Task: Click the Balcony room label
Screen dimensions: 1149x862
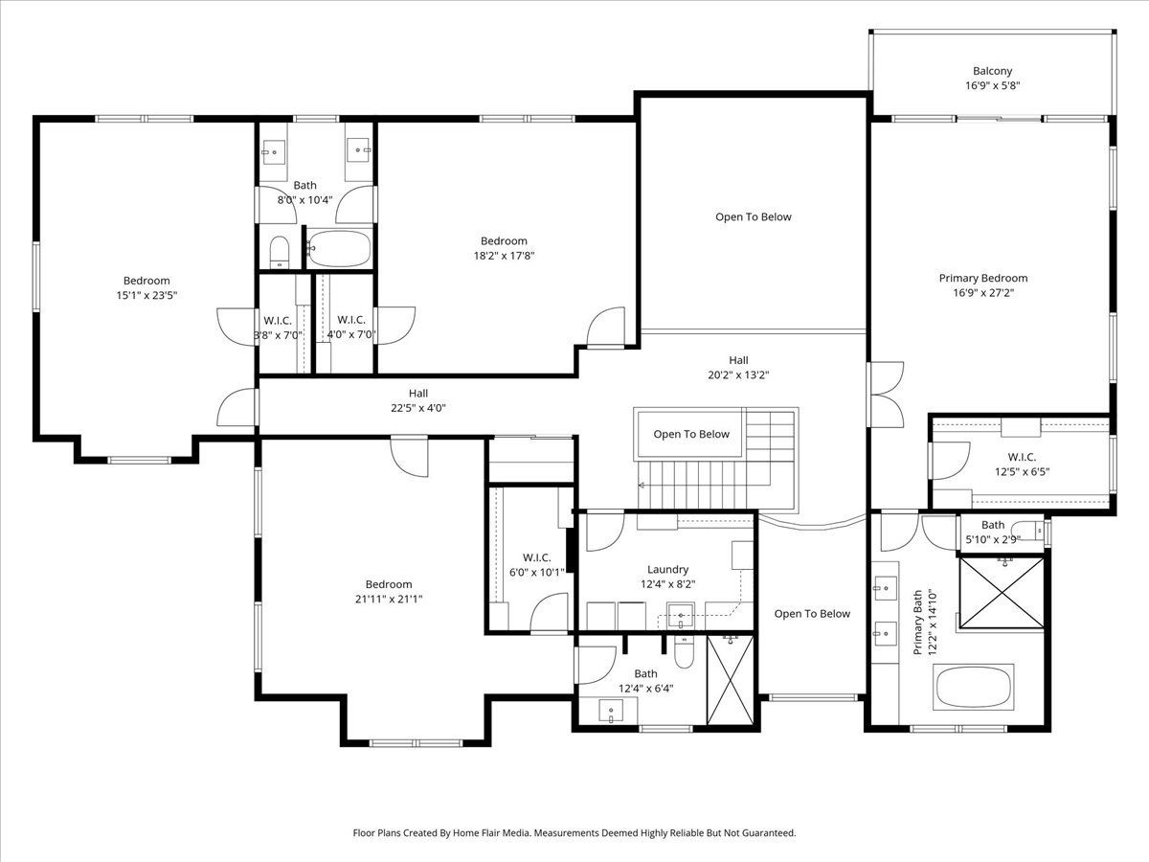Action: point(992,71)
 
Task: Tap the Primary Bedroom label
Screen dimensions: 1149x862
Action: point(983,278)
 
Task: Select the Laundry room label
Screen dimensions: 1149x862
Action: point(667,570)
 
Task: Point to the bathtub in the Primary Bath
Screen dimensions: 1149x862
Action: point(974,687)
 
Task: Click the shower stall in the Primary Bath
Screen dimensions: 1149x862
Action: point(1002,593)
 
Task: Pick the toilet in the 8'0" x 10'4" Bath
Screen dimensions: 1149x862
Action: point(279,252)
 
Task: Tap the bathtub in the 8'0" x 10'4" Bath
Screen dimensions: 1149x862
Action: point(339,249)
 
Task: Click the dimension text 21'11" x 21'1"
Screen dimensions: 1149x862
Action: point(389,600)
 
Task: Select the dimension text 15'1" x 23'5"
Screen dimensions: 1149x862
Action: point(146,295)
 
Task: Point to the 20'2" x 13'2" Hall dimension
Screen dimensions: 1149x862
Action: point(738,374)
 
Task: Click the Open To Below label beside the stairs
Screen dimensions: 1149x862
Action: point(691,434)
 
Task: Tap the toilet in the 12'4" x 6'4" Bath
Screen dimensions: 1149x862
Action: point(684,652)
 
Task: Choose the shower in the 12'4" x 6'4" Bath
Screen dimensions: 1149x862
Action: point(730,680)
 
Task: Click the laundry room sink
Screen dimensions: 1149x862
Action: point(681,616)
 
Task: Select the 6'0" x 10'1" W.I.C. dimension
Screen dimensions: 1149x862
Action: point(536,573)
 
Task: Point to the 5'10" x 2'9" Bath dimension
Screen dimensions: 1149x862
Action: point(993,539)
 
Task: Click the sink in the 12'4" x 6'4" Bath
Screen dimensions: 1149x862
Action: point(612,711)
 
